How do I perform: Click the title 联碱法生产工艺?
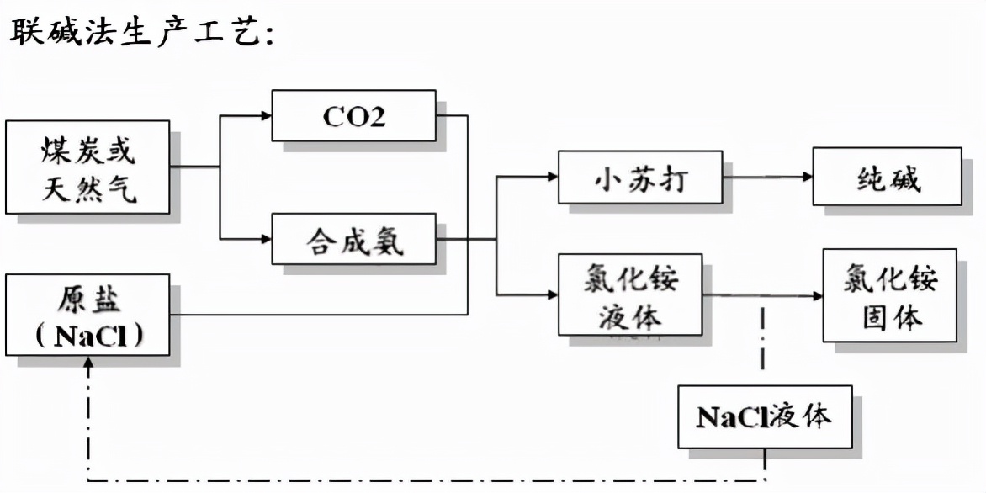(139, 34)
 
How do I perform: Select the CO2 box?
(353, 115)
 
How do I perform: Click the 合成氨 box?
(353, 239)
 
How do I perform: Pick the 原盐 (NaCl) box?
(87, 315)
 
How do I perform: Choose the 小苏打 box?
(639, 177)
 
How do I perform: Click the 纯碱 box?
(887, 177)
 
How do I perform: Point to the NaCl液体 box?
(765, 416)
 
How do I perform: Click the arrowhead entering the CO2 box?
(266, 115)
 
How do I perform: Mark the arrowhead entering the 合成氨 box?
(266, 239)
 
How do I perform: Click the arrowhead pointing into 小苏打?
(553, 177)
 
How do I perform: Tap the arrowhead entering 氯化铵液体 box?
(553, 294)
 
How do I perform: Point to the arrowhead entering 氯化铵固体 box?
(817, 295)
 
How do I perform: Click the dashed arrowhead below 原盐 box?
(87, 363)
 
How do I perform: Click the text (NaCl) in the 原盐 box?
(87, 335)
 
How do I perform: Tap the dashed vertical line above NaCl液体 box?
(763, 345)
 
